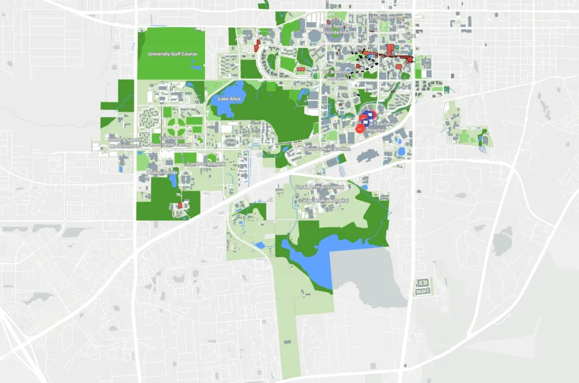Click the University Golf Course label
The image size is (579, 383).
[172, 54]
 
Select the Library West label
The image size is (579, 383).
[384, 18]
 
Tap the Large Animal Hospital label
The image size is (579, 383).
[324, 201]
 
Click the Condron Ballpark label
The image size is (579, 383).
[206, 164]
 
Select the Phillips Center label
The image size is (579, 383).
[162, 172]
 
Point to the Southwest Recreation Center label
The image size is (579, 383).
[175, 141]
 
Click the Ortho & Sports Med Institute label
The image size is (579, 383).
[124, 142]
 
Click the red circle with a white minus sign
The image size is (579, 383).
[360, 129]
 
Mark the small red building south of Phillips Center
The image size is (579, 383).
[180, 205]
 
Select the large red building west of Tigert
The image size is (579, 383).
[390, 49]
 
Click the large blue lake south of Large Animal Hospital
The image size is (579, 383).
[317, 257]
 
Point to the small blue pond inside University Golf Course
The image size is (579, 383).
[196, 68]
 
